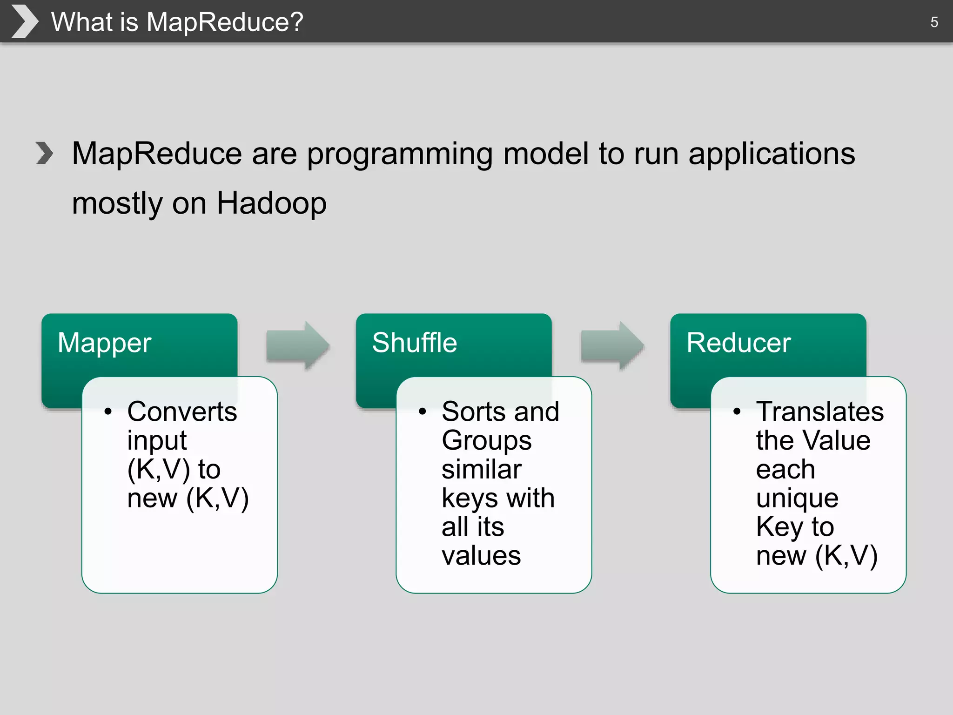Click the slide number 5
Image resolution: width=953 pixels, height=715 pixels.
coord(933,22)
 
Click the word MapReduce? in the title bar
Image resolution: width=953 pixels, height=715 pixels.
coord(225,22)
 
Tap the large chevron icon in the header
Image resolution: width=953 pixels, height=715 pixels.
coord(24,21)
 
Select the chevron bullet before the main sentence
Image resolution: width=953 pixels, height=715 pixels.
coord(45,153)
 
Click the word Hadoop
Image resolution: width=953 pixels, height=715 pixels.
coord(271,203)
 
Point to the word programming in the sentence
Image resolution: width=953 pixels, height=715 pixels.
coord(400,155)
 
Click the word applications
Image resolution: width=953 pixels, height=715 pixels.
coord(771,155)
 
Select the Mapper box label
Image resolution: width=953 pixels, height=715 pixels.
coord(104,343)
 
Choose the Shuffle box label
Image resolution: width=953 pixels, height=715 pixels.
coord(414,343)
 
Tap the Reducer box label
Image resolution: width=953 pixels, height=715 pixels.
coord(738,343)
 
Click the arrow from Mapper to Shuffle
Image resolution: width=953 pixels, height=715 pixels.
coord(298,345)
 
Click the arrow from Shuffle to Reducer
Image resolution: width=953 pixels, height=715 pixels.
coord(612,345)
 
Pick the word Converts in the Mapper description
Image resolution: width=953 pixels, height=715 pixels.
coord(182,411)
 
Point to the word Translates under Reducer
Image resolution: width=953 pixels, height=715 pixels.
coord(819,411)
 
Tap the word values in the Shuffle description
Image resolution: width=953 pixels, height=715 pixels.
coord(481,556)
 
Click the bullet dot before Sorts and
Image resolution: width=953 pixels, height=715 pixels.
coord(423,411)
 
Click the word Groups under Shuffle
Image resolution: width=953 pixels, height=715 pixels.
coord(486,440)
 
